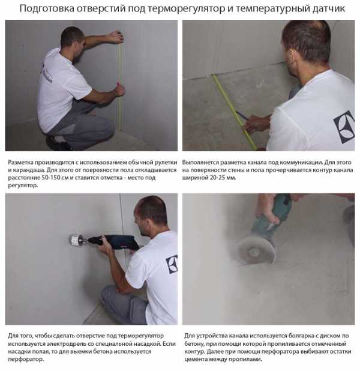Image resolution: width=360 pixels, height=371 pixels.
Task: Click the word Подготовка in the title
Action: coord(47,9)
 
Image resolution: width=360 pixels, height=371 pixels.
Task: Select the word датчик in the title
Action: coord(329,9)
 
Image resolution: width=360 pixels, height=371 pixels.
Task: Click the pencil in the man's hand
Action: coord(242,115)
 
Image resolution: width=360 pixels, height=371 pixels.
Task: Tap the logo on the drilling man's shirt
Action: coord(172,264)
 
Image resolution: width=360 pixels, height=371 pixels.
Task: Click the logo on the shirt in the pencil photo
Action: coord(344,127)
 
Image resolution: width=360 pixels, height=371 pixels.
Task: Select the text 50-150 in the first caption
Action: coord(50,178)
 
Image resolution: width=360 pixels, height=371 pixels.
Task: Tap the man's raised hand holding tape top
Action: coord(116,37)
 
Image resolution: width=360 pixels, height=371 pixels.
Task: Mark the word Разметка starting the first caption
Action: coord(20,163)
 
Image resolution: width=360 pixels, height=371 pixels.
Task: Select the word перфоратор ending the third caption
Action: coord(26,360)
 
